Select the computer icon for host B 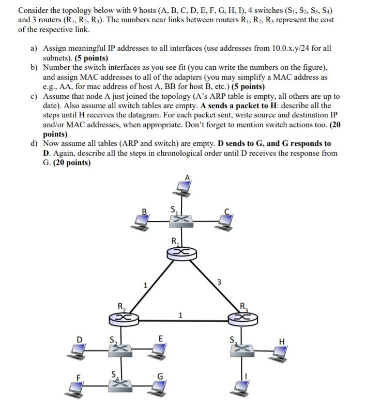point(141,221)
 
